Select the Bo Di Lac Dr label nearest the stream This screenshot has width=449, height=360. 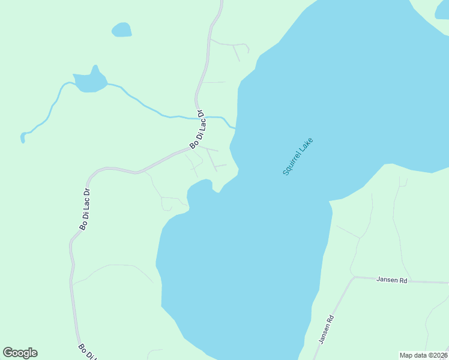point(197,130)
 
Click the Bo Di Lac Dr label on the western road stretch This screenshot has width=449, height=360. point(85,209)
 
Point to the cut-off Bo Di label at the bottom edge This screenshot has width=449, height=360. point(88,352)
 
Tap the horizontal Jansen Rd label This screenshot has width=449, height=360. point(392,280)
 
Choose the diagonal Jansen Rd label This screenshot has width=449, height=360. point(326,331)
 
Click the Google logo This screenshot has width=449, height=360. point(20,353)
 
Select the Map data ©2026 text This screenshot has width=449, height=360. point(424,355)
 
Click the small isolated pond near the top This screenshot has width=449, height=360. point(122,29)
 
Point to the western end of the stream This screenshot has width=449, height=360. point(23,137)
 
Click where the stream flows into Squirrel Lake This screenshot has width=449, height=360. point(234,127)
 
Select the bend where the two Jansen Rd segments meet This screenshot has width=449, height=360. point(354,277)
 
